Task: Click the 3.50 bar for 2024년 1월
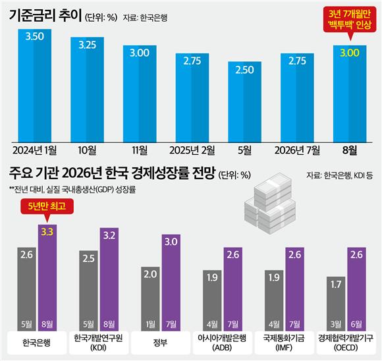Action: coord(35,86)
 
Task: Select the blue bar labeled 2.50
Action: coord(244,102)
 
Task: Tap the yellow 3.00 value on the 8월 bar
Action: coord(350,53)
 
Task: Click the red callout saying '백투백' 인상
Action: coord(350,19)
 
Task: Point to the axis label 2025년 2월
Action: coord(192,150)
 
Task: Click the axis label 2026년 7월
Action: coord(297,150)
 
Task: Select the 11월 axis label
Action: coord(140,150)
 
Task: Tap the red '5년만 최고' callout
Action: coord(47,206)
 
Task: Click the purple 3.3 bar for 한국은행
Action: coord(47,277)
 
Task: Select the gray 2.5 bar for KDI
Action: coord(88,291)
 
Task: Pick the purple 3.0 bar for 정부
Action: coord(171,283)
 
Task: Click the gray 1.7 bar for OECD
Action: coord(336,304)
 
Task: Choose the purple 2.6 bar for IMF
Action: coord(295,289)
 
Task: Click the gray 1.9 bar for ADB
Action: coord(212,300)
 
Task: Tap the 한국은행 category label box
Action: coord(36,343)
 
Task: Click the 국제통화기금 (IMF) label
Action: coord(284,343)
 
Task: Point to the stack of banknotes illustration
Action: coord(270,204)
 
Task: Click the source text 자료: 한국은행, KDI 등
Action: coord(340,175)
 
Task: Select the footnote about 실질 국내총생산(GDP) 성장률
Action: coord(72,190)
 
